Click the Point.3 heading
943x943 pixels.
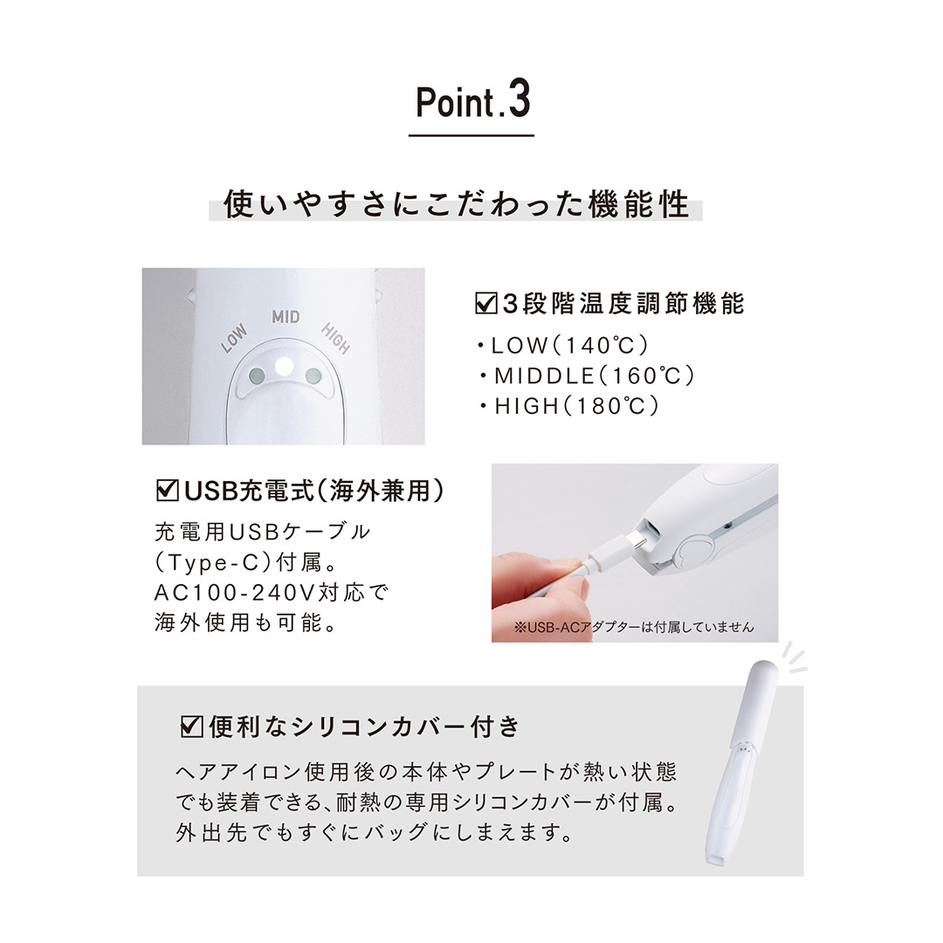coord(471,103)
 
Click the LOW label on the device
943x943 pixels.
coord(234,338)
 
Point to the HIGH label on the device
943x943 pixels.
coord(335,338)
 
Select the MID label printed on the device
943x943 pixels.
coord(286,316)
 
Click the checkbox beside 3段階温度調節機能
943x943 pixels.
coord(484,303)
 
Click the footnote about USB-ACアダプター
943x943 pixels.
coord(634,627)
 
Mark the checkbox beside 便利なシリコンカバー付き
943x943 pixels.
coord(189,726)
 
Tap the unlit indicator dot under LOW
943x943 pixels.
coord(256,375)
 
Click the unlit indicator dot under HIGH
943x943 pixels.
coord(313,375)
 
